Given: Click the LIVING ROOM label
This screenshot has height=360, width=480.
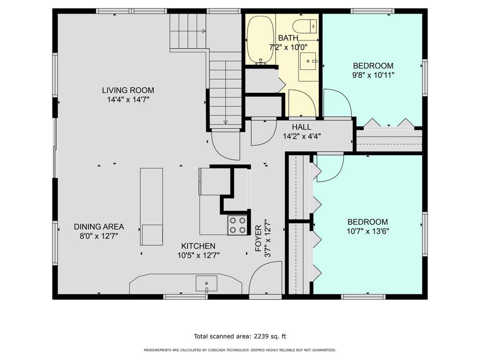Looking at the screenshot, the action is pos(128,90).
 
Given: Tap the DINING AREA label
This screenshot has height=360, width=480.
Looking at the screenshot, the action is pos(99,227).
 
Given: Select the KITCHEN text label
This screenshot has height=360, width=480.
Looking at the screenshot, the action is pos(198,246).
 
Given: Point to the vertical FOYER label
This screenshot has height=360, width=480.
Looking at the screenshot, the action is pos(259,238).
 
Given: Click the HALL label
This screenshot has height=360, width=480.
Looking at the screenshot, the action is pos(301,127).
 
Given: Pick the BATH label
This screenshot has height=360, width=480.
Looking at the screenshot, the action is pos(288,38).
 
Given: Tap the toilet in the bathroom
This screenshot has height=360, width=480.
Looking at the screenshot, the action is pos(305,26).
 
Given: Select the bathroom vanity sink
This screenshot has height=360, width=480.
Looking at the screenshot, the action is pos(308,61).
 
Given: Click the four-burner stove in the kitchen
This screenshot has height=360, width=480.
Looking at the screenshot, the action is pos(238,225).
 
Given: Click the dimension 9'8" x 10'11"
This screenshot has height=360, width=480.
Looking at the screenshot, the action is pos(373,75).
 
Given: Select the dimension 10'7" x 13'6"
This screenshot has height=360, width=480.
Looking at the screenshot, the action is pos(367,231).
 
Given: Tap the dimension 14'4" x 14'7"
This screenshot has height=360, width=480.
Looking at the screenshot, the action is pos(128,100).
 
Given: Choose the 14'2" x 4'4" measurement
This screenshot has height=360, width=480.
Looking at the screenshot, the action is pos(302,136).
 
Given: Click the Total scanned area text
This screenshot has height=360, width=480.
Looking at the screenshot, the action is pos(240,337).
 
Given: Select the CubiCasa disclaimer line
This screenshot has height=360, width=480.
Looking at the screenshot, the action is pos(240,350).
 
